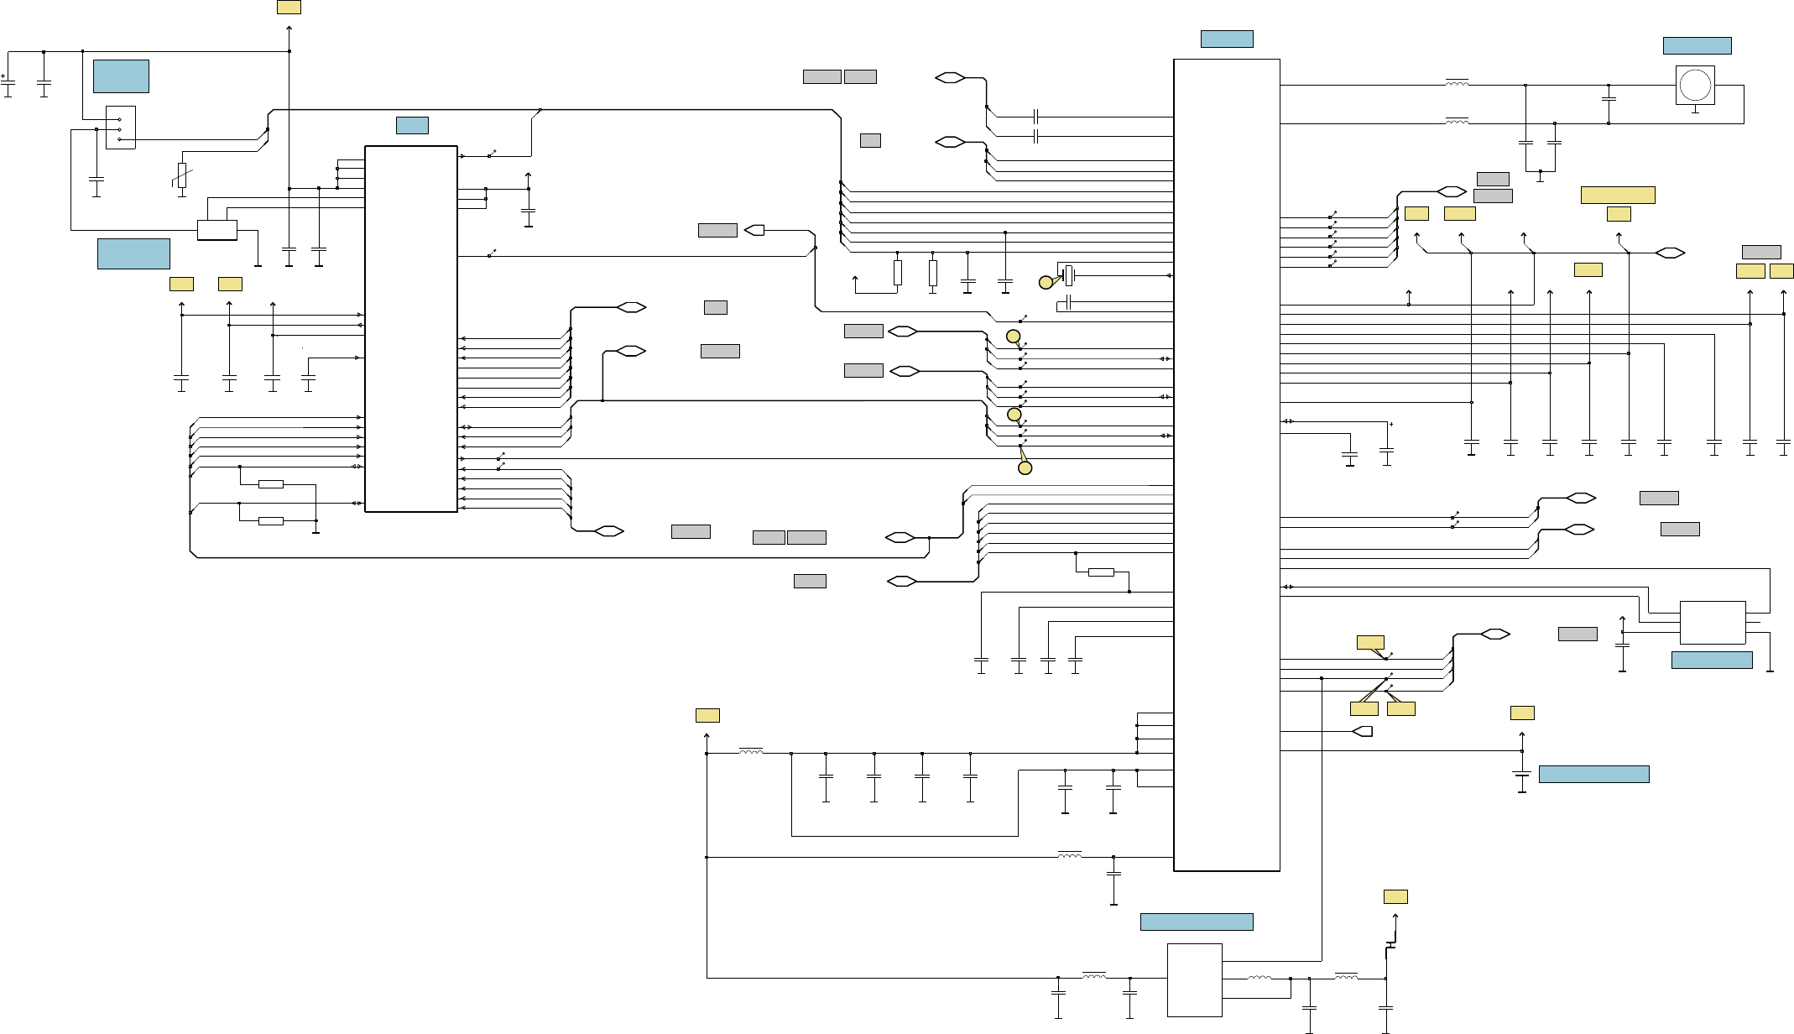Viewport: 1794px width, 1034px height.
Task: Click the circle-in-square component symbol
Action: coord(1695,86)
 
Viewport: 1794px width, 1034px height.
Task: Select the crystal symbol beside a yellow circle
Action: coord(1068,275)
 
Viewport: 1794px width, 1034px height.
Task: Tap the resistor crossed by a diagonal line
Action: coord(182,175)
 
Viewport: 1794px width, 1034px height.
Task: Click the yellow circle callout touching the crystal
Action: coord(1046,283)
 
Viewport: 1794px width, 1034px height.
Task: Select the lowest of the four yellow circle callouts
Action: coord(1025,468)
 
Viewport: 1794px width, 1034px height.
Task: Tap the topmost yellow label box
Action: coord(289,7)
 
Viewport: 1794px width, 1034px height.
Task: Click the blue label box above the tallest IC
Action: coord(1227,39)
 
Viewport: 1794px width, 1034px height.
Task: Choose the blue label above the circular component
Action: coord(1697,45)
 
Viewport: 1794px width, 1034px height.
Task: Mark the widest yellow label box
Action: coord(1618,195)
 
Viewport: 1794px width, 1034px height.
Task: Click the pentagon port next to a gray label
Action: coord(755,230)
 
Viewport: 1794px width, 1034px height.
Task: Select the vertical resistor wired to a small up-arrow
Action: coord(898,272)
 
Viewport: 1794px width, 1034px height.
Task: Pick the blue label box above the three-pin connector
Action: coord(121,76)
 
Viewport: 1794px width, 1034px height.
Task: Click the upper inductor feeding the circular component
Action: coord(1457,83)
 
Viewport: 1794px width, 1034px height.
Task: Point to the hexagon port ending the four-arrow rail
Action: coord(1670,253)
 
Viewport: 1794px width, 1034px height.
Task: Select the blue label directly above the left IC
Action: coord(412,125)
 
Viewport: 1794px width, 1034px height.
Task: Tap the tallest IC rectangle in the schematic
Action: coord(1226,465)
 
